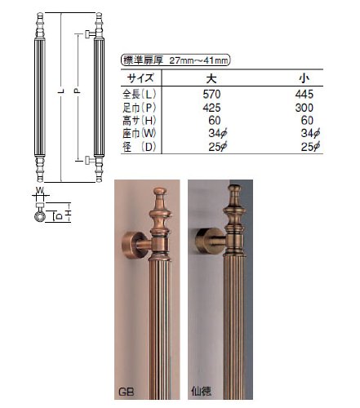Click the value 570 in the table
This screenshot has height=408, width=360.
211,94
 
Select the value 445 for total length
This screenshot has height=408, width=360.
304,94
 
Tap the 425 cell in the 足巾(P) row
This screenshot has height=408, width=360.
211,108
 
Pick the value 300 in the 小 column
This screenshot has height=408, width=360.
304,108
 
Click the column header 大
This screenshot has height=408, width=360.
211,78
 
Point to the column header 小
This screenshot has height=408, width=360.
304,78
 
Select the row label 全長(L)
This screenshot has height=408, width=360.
140,94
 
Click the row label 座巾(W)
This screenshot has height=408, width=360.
140,134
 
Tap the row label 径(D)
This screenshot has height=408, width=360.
140,147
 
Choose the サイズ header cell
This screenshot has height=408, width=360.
140,78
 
